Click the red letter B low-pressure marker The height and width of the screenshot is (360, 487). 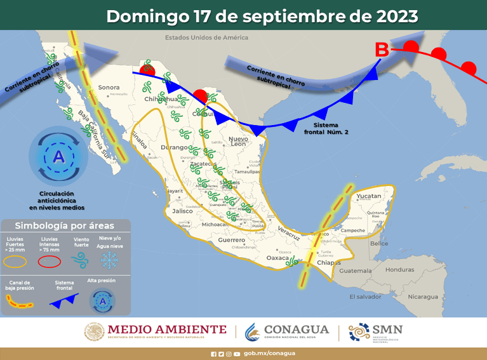tap(382, 49)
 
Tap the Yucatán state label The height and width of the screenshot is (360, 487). tap(369, 196)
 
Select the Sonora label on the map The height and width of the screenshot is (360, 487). tap(109, 87)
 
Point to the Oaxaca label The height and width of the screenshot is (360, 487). tap(277, 257)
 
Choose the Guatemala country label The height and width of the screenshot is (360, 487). tap(358, 271)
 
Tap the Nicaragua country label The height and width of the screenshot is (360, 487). tap(423, 297)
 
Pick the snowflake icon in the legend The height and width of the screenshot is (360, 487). tap(110, 260)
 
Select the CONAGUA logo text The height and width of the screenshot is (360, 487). tap(296, 330)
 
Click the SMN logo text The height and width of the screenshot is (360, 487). tap(389, 330)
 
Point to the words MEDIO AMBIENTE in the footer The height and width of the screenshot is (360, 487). tap(167, 329)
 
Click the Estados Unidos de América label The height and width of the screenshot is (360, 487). tap(206, 37)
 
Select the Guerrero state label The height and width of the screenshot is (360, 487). tap(231, 241)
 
